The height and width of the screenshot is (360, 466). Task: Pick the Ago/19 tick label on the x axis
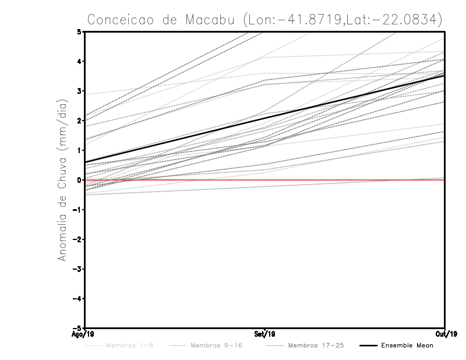pyautogui.click(x=84, y=334)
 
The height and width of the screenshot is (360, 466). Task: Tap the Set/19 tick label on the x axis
pyautogui.click(x=265, y=334)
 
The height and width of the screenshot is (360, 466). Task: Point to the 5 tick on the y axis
pyautogui.click(x=79, y=31)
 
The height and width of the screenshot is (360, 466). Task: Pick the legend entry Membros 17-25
pyautogui.click(x=316, y=346)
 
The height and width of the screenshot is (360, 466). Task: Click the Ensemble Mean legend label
pyautogui.click(x=407, y=346)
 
